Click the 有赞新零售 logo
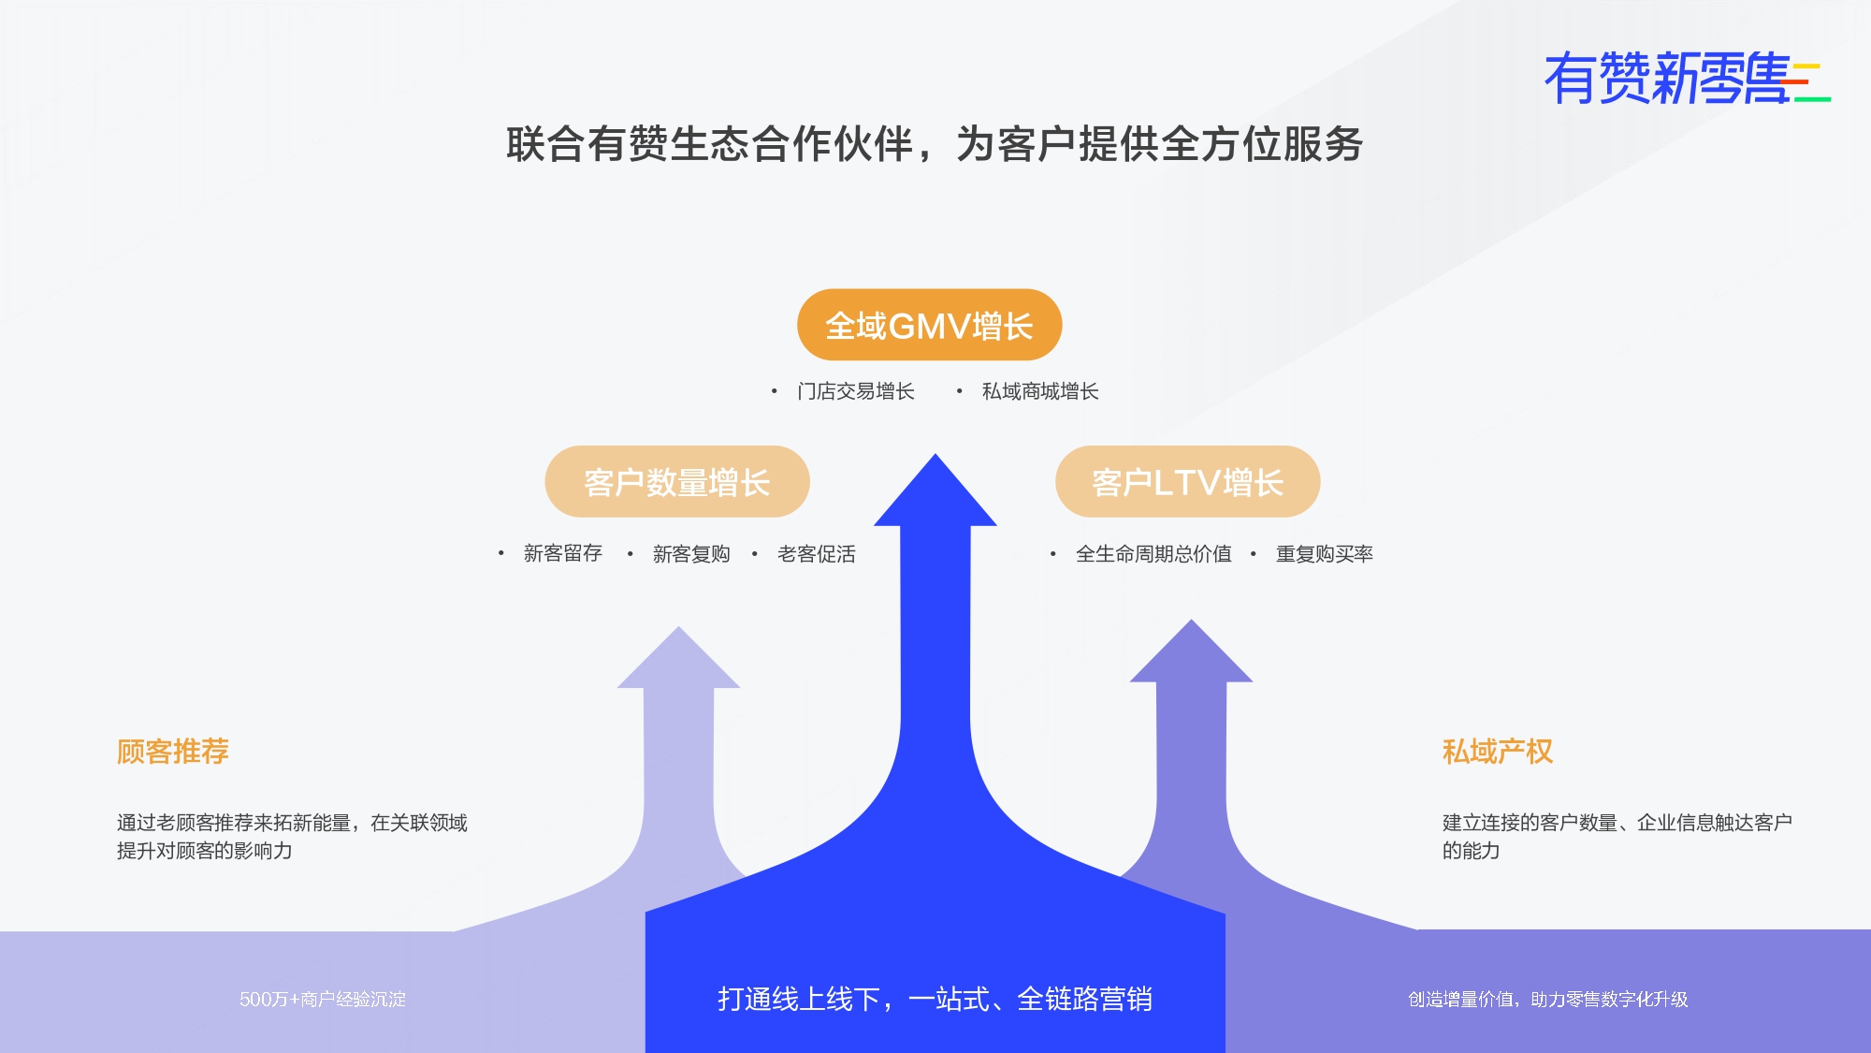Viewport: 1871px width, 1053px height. [x=1687, y=78]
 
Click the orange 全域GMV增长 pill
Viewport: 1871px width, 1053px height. [x=929, y=325]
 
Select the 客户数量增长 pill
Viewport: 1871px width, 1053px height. [x=677, y=482]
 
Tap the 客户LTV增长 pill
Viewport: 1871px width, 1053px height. [x=1188, y=482]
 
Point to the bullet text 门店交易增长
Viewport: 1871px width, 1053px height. [x=856, y=391]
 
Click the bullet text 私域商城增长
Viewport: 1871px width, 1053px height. [x=1040, y=391]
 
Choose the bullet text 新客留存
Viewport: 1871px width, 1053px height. [x=563, y=553]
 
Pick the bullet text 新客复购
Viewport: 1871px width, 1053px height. [x=691, y=554]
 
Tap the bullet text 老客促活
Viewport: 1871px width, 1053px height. [x=817, y=554]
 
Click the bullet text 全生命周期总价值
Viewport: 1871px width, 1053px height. [x=1153, y=554]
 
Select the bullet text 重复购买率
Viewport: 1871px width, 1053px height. [x=1325, y=554]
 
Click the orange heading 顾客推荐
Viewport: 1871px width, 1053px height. [x=173, y=752]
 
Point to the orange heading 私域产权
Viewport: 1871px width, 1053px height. [x=1498, y=752]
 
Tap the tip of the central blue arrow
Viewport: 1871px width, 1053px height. [x=935, y=455]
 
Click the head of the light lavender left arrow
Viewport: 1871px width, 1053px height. [x=678, y=658]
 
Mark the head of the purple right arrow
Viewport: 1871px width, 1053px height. [x=1191, y=651]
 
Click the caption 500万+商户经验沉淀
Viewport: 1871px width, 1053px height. [x=323, y=1000]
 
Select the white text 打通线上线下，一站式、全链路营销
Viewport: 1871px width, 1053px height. [x=935, y=1000]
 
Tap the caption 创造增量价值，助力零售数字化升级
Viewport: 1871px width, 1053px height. [x=1548, y=1000]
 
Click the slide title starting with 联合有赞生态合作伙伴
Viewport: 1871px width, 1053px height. [x=935, y=144]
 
